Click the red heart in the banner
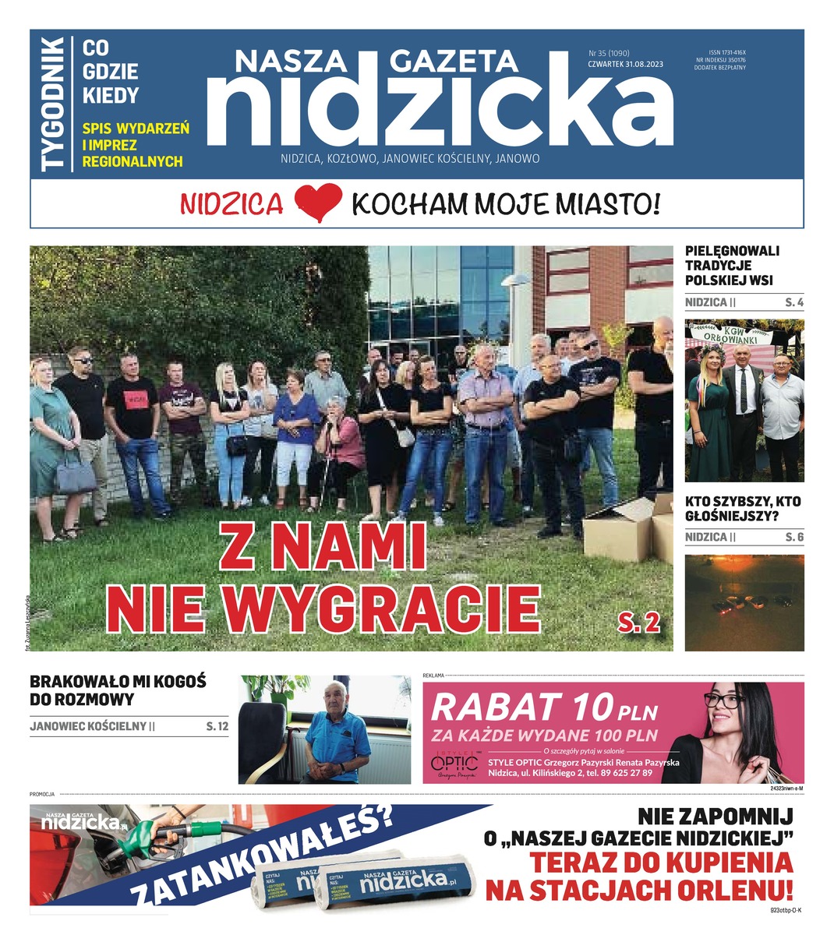pyautogui.click(x=318, y=203)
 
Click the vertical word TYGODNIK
pyautogui.click(x=53, y=104)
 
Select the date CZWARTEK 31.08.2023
pyautogui.click(x=625, y=65)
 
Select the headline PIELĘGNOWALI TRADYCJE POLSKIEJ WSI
pyautogui.click(x=732, y=265)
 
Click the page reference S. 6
pyautogui.click(x=793, y=537)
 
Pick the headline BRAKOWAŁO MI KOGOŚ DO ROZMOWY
pyautogui.click(x=118, y=690)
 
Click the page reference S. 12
pyautogui.click(x=217, y=726)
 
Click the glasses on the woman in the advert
pyautogui.click(x=724, y=700)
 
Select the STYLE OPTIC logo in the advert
pyautogui.click(x=454, y=763)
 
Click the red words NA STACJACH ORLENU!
pyautogui.click(x=639, y=889)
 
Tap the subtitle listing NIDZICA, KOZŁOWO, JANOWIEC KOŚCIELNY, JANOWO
pyautogui.click(x=410, y=158)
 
